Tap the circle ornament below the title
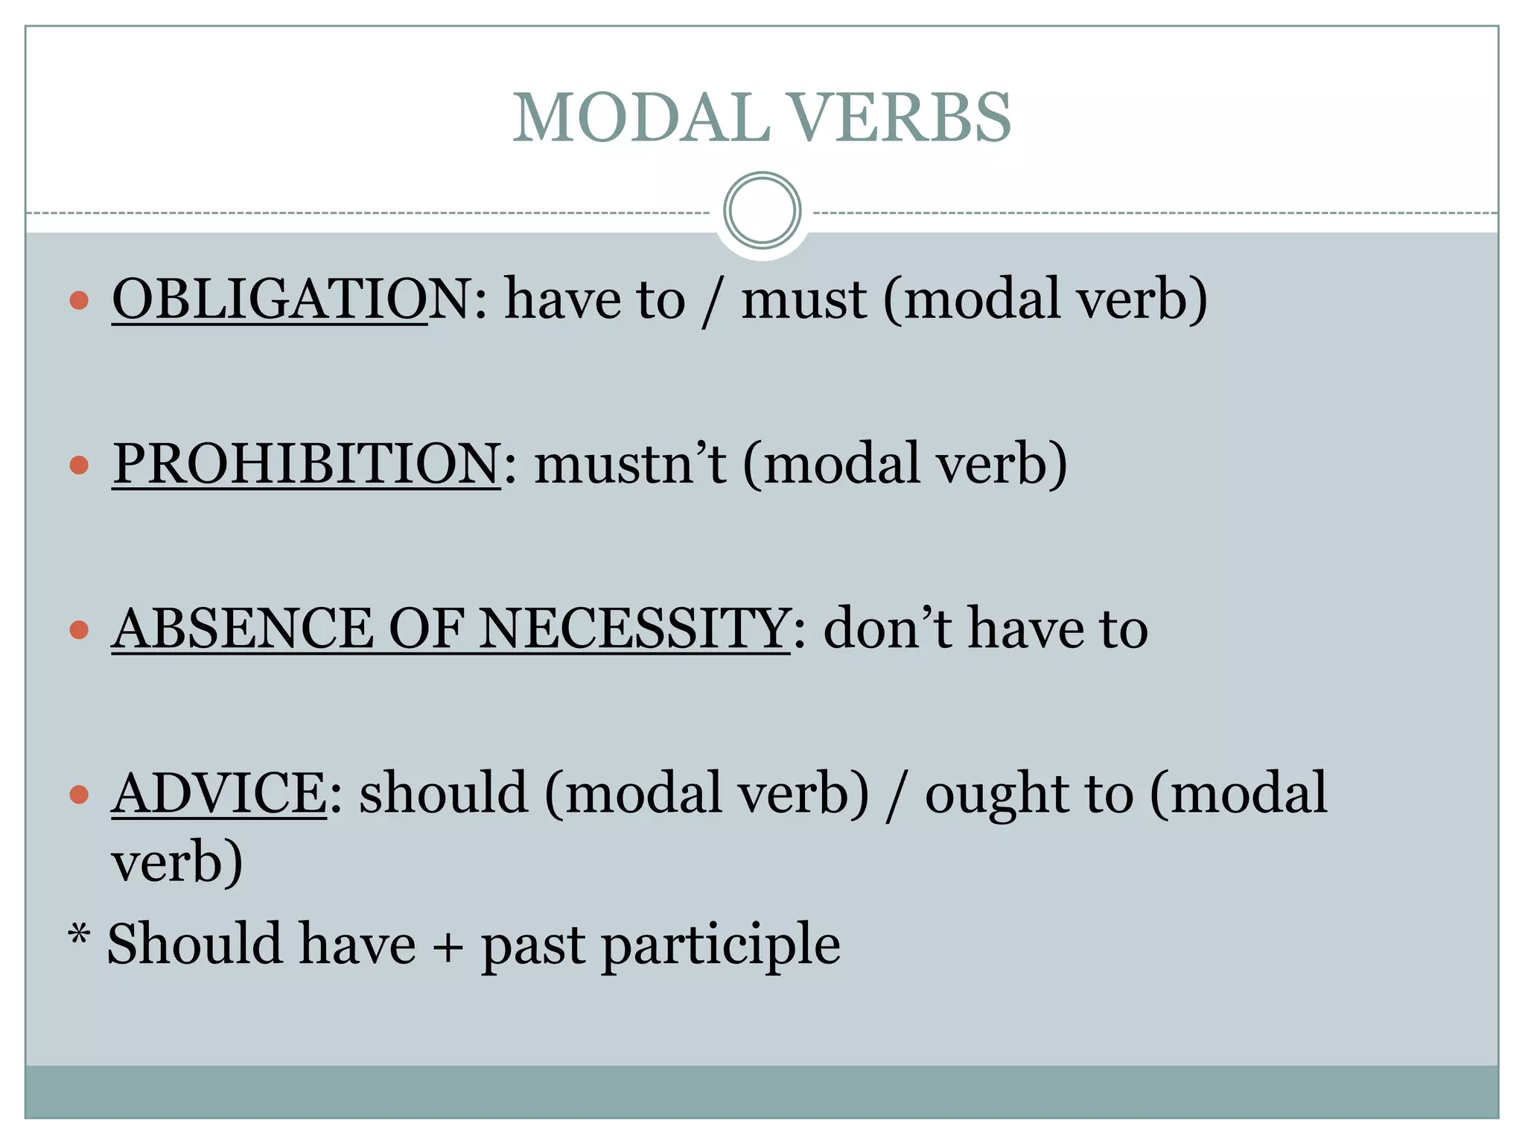pyautogui.click(x=762, y=211)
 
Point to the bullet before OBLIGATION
pyautogui.click(x=79, y=301)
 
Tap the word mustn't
pyautogui.click(x=630, y=465)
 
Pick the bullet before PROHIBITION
pyautogui.click(x=79, y=465)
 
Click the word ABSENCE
pyautogui.click(x=242, y=629)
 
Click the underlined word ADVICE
pyautogui.click(x=219, y=793)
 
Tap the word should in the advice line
pyautogui.click(x=444, y=793)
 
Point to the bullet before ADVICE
pyautogui.click(x=79, y=795)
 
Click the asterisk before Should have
pyautogui.click(x=79, y=933)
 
